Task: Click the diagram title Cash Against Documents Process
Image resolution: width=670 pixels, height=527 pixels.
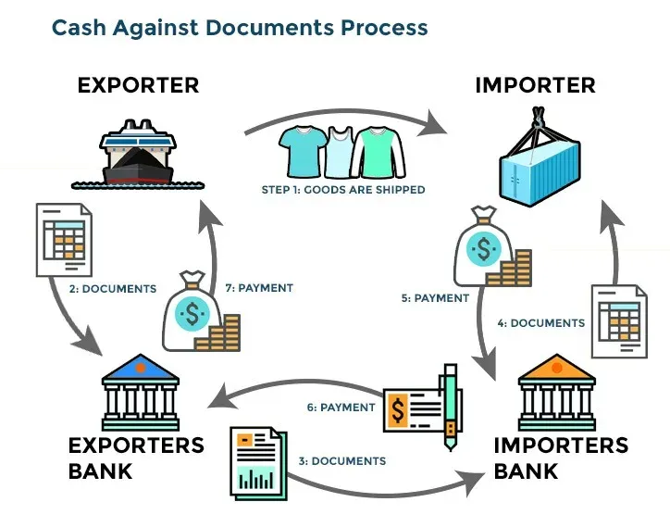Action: point(240,27)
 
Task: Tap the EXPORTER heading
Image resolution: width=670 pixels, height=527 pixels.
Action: point(138,85)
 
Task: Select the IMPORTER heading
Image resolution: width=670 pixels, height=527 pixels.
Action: point(535,85)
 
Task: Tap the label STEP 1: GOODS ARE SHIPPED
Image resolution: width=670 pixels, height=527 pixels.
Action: point(342,190)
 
